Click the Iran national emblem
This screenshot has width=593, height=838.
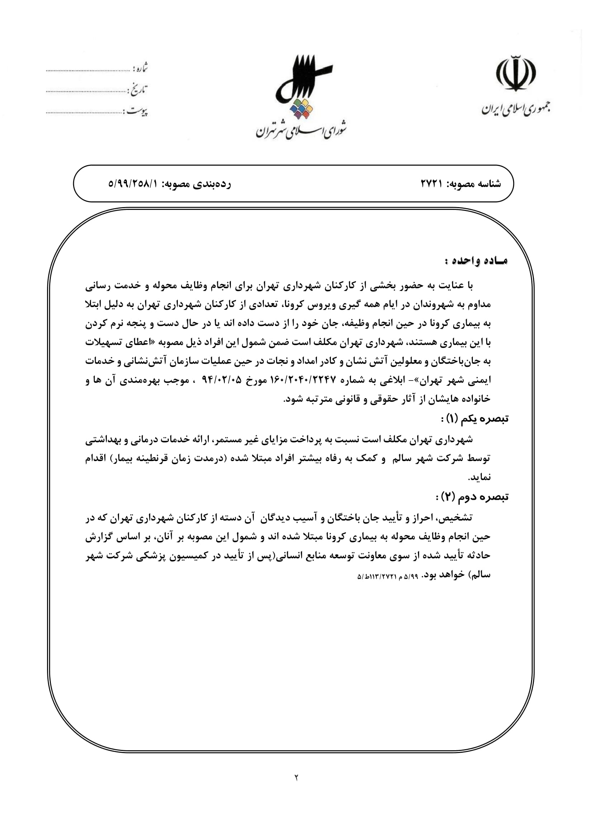click(516, 73)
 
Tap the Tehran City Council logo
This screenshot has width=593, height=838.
click(301, 87)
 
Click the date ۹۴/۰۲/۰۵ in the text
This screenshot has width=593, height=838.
click(222, 380)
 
